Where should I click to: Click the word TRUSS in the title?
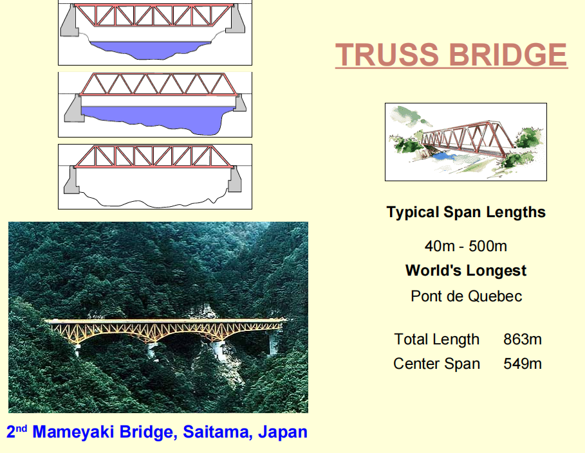point(387,55)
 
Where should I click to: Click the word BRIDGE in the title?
point(508,55)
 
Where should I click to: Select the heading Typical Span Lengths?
point(466,212)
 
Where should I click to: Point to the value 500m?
point(488,246)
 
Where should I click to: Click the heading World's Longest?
point(466,271)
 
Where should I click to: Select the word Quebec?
point(495,296)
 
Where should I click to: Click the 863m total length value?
point(523,339)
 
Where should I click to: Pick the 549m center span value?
point(523,364)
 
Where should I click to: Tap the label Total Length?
point(436,339)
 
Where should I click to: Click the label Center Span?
point(436,364)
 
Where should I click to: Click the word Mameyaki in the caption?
point(73,432)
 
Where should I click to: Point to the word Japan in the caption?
point(283,432)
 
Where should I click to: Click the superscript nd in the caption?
point(22,428)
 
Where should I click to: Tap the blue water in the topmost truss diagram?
point(149,50)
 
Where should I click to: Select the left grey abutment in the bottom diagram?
point(71,181)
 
